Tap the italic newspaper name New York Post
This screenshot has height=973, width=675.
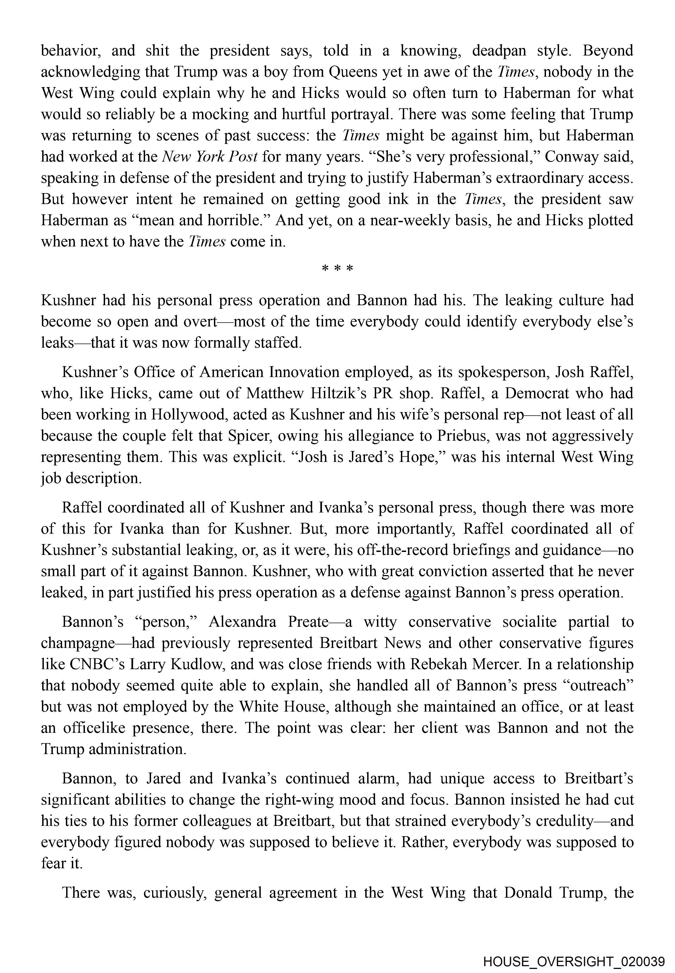[210, 157]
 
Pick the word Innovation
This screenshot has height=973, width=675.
[305, 372]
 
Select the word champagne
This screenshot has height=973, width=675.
[78, 643]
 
